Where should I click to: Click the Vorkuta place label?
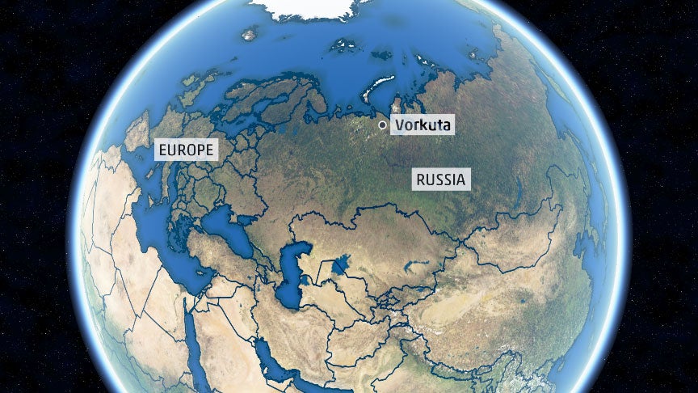coord(422,125)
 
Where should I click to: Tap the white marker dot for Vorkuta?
coord(382,125)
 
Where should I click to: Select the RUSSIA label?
coord(440,180)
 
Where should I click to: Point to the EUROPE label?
coord(187,150)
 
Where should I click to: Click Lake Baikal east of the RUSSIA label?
coord(517,190)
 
